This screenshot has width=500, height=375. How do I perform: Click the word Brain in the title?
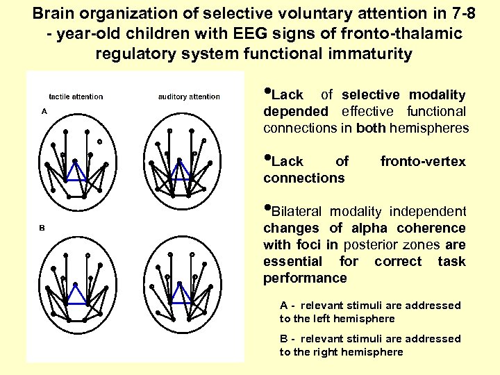(53, 12)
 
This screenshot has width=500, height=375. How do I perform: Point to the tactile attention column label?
(76, 97)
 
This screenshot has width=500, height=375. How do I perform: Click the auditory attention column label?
(184, 97)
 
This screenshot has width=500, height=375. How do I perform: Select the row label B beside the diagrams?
(42, 227)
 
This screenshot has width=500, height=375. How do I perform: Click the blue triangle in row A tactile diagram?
(76, 171)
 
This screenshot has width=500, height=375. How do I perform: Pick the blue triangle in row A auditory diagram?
(181, 171)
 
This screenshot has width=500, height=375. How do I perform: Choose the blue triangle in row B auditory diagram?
(181, 295)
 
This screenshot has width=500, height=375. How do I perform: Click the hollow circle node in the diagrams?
(99, 142)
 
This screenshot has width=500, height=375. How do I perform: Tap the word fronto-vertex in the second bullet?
(423, 162)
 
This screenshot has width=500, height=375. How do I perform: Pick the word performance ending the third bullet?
(305, 278)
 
